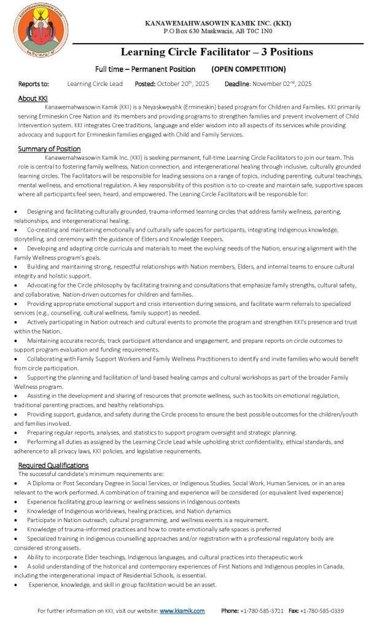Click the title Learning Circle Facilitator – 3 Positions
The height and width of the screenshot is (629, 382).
[217, 52]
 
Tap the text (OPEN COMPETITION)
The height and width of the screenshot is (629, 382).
[249, 69]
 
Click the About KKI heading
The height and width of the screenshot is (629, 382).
[33, 98]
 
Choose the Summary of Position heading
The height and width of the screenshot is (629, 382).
[49, 149]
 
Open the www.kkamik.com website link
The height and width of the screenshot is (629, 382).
[182, 611]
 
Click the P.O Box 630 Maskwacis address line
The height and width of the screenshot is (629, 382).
[218, 31]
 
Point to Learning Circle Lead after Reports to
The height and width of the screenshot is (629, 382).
[95, 84]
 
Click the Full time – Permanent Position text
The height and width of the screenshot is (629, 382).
[146, 69]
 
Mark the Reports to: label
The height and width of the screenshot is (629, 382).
[34, 84]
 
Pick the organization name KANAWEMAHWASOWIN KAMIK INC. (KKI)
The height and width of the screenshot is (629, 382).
[218, 23]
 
